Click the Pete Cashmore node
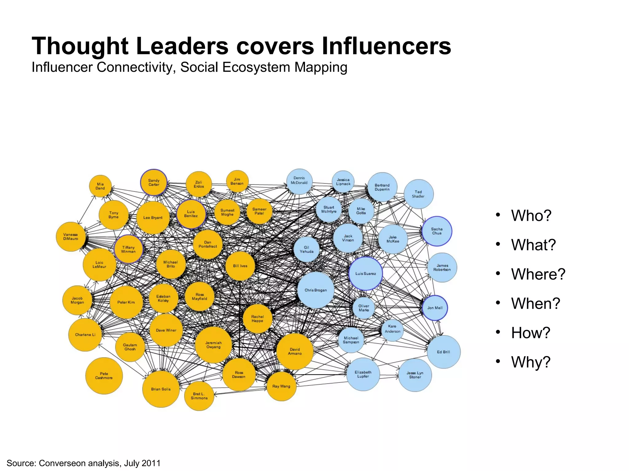[104, 376]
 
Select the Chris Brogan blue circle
[316, 290]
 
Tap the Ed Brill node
[443, 352]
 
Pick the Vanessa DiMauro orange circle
[71, 237]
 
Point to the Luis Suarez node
[365, 274]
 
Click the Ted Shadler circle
[418, 194]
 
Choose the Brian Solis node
[161, 389]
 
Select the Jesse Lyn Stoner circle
[415, 375]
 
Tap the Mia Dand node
[100, 186]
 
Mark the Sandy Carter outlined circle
[154, 182]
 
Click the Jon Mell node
[435, 308]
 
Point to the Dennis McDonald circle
[299, 181]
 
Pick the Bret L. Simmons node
[199, 396]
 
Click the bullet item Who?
[531, 216]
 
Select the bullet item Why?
[530, 362]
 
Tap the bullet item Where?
[538, 274]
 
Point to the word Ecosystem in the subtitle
[256, 67]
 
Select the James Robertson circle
[442, 268]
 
